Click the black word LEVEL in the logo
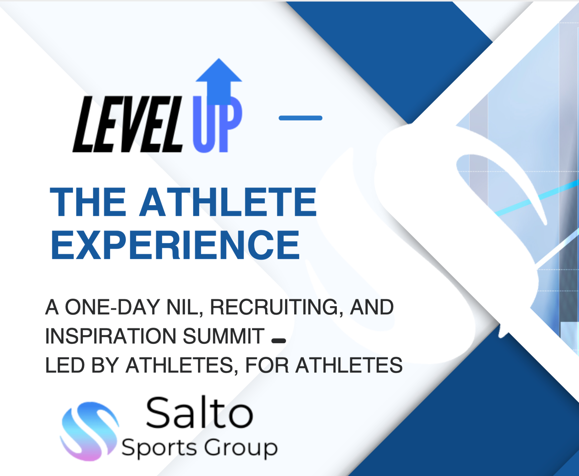tap(128, 124)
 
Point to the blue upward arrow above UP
tap(219, 81)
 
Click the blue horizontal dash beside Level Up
tap(300, 118)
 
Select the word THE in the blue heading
tap(88, 202)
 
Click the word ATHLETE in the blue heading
tap(228, 202)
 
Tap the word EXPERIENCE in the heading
tap(175, 245)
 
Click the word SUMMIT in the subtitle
tap(223, 336)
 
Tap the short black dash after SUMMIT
tap(278, 341)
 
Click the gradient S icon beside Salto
tap(89, 431)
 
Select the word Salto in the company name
tap(199, 413)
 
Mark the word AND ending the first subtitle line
tap(372, 307)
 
